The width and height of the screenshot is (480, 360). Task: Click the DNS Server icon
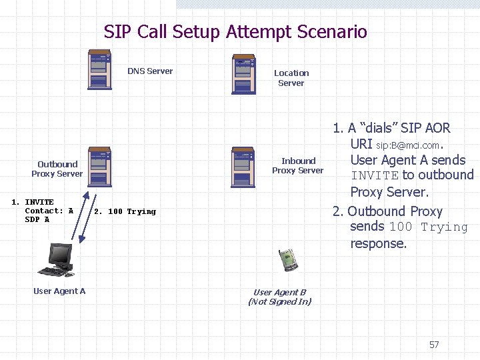coord(99,69)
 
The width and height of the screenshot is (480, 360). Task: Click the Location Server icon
coord(243,75)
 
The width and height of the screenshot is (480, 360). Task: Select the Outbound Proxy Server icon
coord(99,166)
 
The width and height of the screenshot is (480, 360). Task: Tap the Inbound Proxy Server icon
coord(243,166)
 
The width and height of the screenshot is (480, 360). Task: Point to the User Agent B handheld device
coord(288,259)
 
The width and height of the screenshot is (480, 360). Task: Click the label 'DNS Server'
coord(150,71)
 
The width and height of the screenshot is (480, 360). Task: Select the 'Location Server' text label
coord(291,78)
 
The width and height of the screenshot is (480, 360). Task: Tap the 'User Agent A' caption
coord(59,291)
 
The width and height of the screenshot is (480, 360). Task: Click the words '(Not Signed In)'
coord(279,302)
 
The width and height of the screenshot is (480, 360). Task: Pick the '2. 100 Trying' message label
coord(125,211)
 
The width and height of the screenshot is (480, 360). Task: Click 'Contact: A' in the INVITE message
coord(49,211)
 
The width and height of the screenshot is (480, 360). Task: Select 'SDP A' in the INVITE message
coord(37,219)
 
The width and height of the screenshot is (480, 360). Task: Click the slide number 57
coord(434,345)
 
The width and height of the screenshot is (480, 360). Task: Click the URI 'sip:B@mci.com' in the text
coord(408,145)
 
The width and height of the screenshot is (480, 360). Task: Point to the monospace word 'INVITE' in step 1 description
coord(375,176)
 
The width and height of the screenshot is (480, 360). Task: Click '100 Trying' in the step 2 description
coord(429,227)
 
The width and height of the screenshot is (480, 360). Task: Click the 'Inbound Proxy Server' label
coord(298,165)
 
